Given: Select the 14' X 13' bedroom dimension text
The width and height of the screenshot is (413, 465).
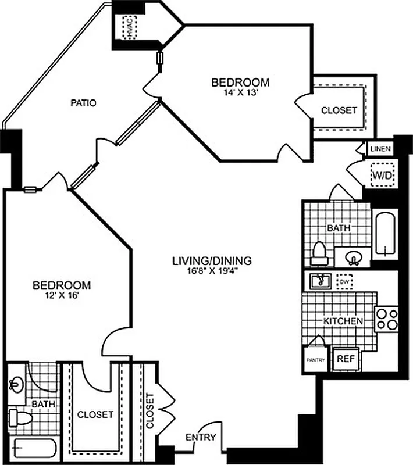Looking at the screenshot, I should coord(240,92).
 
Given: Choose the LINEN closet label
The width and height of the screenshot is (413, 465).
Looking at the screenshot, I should coord(381,149).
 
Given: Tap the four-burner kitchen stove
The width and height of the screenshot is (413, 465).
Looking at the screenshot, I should coord(387,318).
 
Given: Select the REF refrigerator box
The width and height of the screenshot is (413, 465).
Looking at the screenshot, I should coord(346,359).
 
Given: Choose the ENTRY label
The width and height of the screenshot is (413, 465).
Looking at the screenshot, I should coord(201,438).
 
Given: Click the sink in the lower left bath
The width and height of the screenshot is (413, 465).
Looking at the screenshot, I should coord(15,384).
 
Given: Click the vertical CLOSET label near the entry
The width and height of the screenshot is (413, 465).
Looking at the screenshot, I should coord(151,411).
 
